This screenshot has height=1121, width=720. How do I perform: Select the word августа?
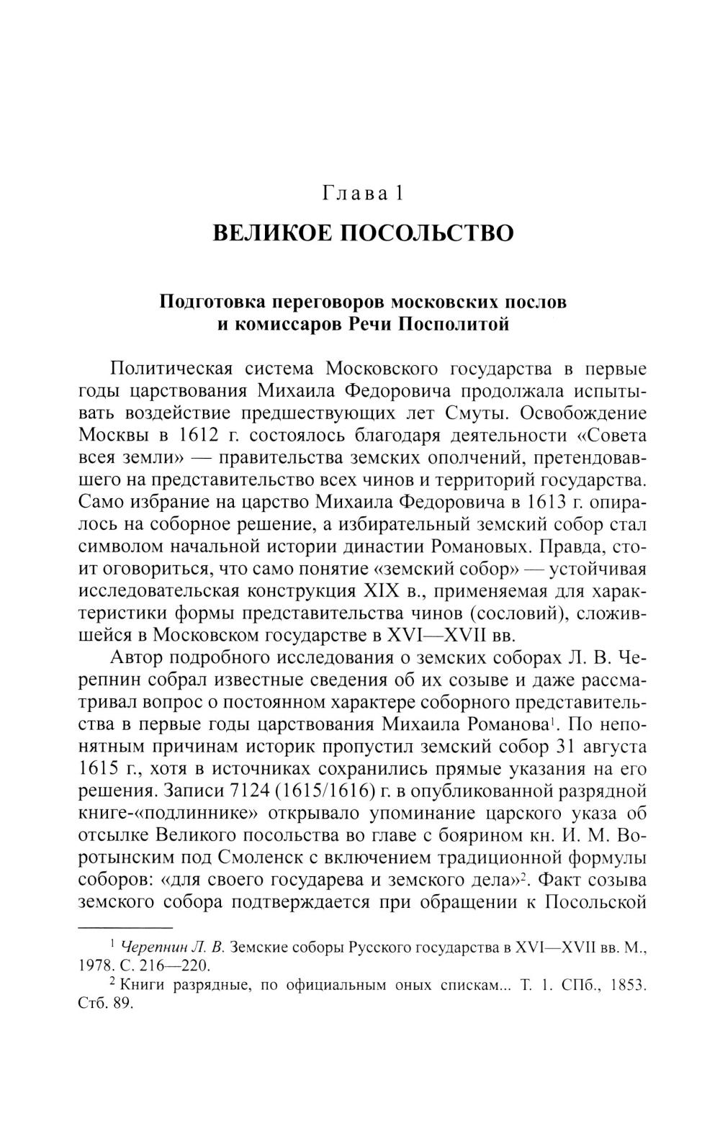(x=612, y=747)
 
